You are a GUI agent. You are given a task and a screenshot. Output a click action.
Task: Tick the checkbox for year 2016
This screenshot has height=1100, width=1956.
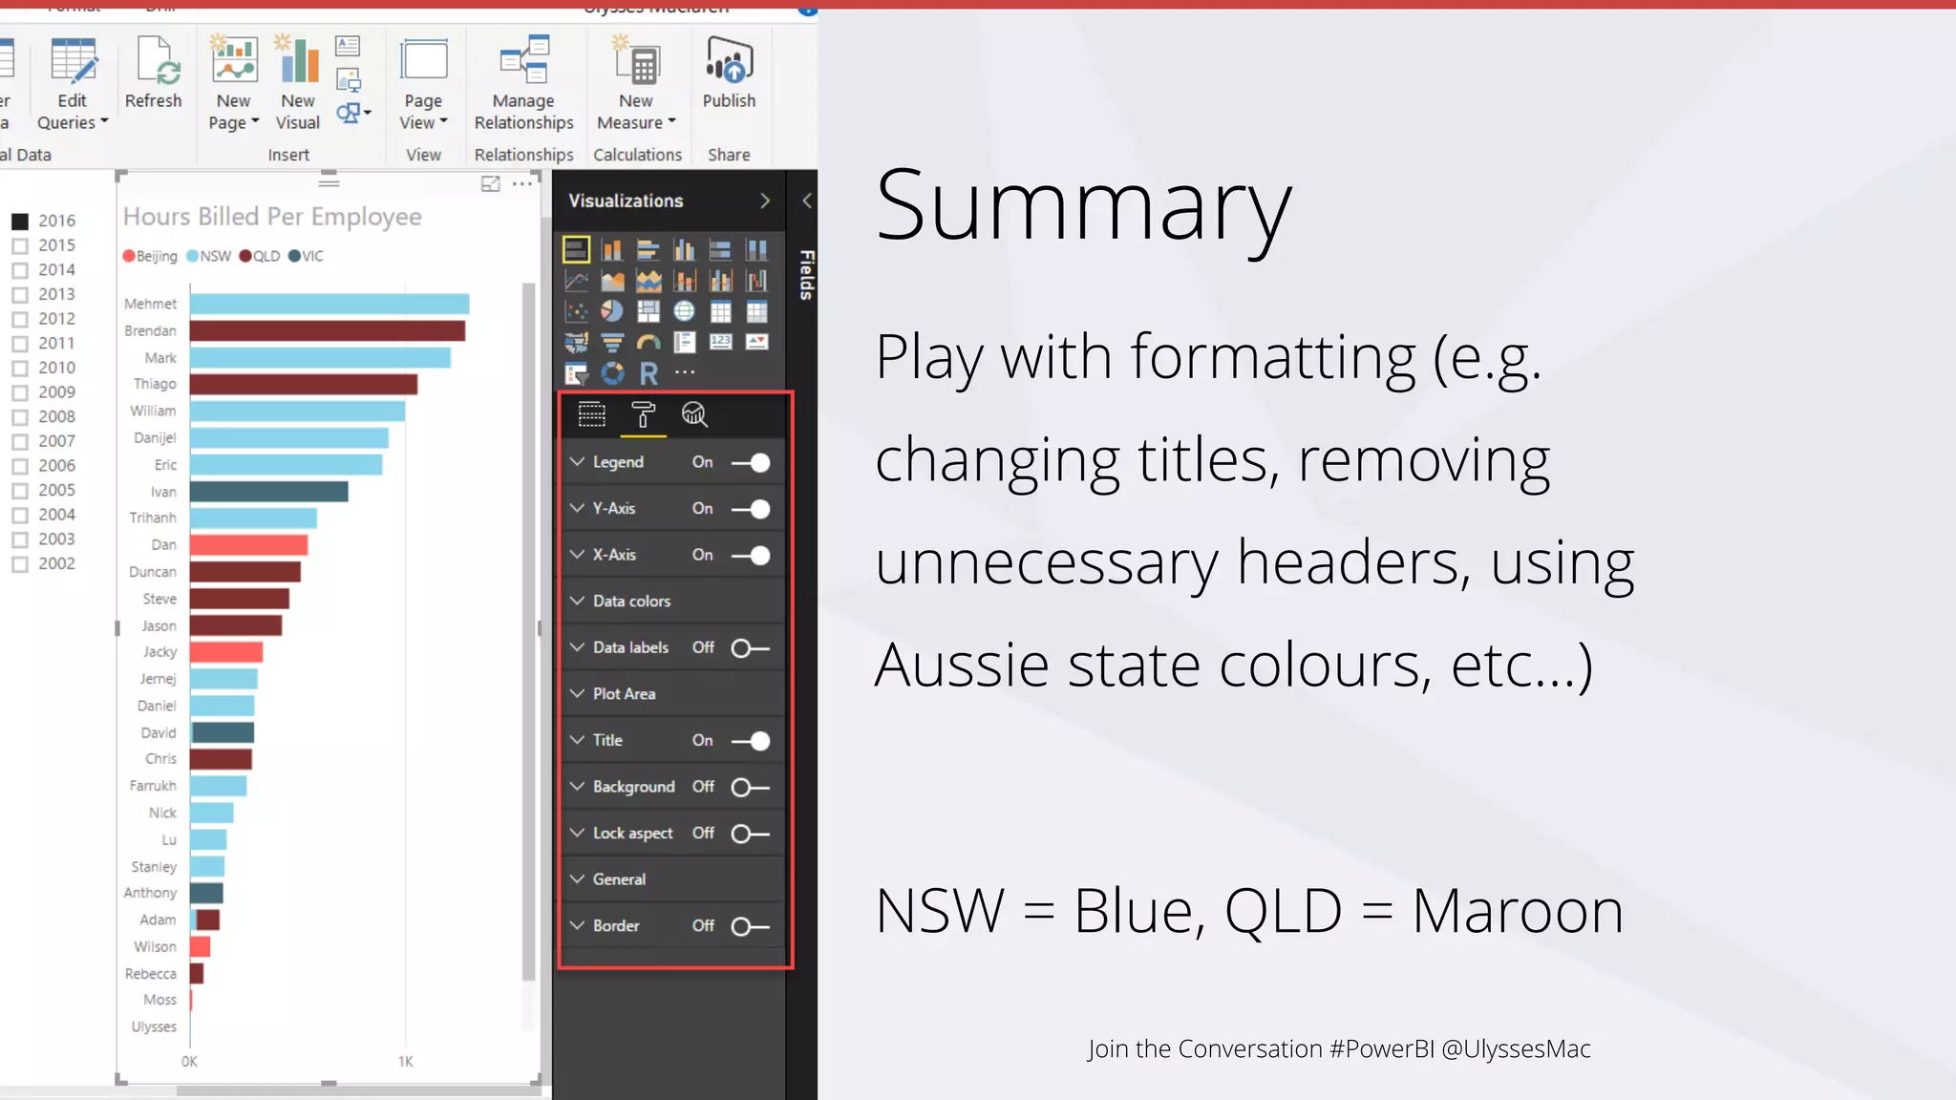point(20,222)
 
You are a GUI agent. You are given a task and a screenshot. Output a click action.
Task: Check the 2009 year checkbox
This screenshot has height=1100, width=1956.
point(20,392)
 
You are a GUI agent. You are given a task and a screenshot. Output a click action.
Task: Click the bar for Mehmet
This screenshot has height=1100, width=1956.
point(329,305)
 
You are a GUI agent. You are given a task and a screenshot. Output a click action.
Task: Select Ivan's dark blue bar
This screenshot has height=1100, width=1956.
point(268,492)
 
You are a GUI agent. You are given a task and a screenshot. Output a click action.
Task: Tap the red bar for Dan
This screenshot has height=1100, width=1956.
point(248,545)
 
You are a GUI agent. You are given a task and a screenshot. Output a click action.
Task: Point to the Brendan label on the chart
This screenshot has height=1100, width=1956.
point(150,331)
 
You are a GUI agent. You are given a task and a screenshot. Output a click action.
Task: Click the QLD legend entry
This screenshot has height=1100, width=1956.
point(260,256)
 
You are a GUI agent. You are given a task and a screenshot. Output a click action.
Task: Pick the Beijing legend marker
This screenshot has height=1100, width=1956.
point(129,256)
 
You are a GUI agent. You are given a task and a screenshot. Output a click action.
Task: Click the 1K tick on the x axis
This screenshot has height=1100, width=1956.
point(405,1062)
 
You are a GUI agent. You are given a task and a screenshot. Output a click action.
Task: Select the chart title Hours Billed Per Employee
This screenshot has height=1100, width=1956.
point(272,217)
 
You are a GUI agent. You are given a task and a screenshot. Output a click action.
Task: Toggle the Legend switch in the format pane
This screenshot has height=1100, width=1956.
point(751,463)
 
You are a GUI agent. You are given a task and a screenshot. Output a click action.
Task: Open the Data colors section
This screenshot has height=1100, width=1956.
point(631,602)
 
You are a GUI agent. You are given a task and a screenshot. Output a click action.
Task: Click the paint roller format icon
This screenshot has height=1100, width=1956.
point(643,414)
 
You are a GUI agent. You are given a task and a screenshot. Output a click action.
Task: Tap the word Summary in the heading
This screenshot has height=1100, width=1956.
point(1083,205)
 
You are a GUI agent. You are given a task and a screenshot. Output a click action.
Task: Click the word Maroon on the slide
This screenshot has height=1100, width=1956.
point(1517,911)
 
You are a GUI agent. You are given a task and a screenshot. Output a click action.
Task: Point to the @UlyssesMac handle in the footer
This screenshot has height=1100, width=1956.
point(1516,1049)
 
